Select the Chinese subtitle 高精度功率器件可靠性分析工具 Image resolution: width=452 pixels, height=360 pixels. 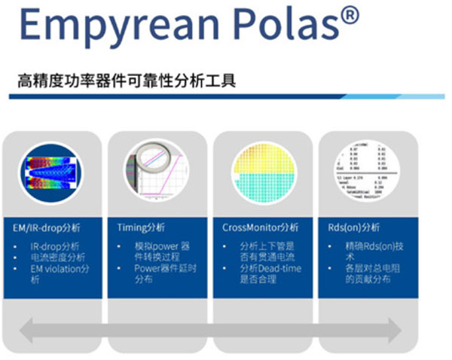[127, 80]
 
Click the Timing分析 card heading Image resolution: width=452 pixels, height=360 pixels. [141, 227]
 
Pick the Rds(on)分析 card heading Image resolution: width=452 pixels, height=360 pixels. [356, 227]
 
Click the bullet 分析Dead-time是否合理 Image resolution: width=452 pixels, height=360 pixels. [266, 274]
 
